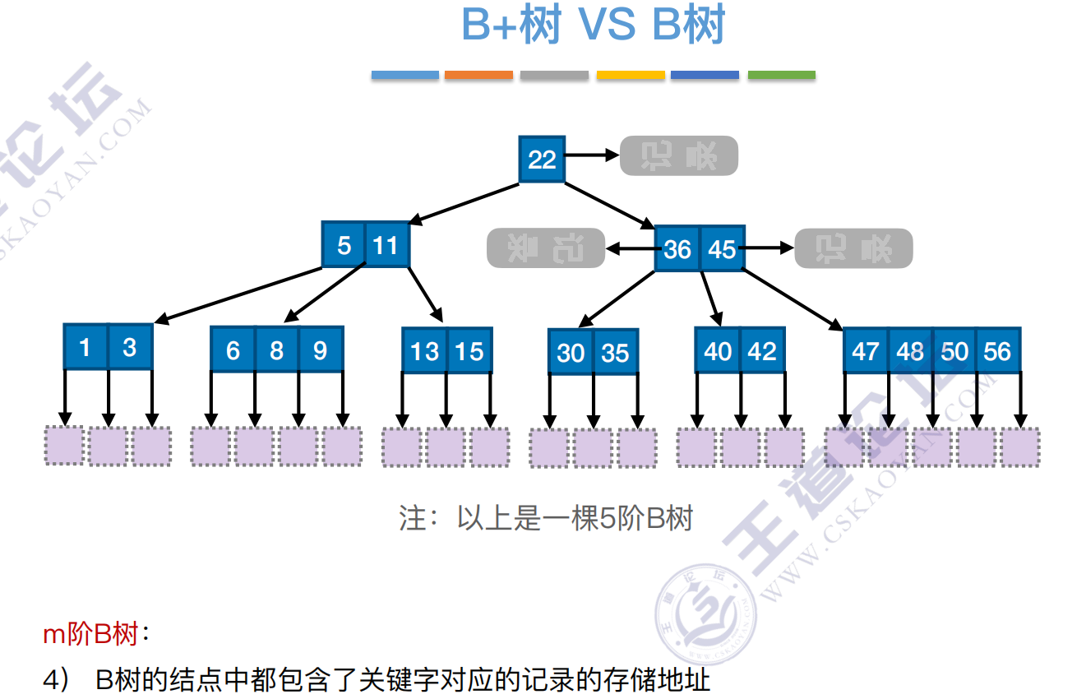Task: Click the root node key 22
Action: point(542,159)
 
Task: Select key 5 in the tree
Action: point(344,245)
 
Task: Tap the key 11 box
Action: point(386,245)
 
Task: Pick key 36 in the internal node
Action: point(677,248)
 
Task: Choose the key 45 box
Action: point(722,248)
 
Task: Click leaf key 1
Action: point(85,347)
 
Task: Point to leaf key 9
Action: point(320,350)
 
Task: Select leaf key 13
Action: point(424,351)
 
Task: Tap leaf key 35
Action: point(615,353)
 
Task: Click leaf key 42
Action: point(762,351)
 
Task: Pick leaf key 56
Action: point(997,351)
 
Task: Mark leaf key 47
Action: point(866,351)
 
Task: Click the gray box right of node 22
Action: point(679,156)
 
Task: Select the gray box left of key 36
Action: point(546,248)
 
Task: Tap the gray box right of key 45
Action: point(853,248)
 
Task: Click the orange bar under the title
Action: point(478,75)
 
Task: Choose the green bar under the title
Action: point(781,75)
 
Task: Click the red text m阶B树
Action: point(90,635)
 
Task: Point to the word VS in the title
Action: point(607,26)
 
